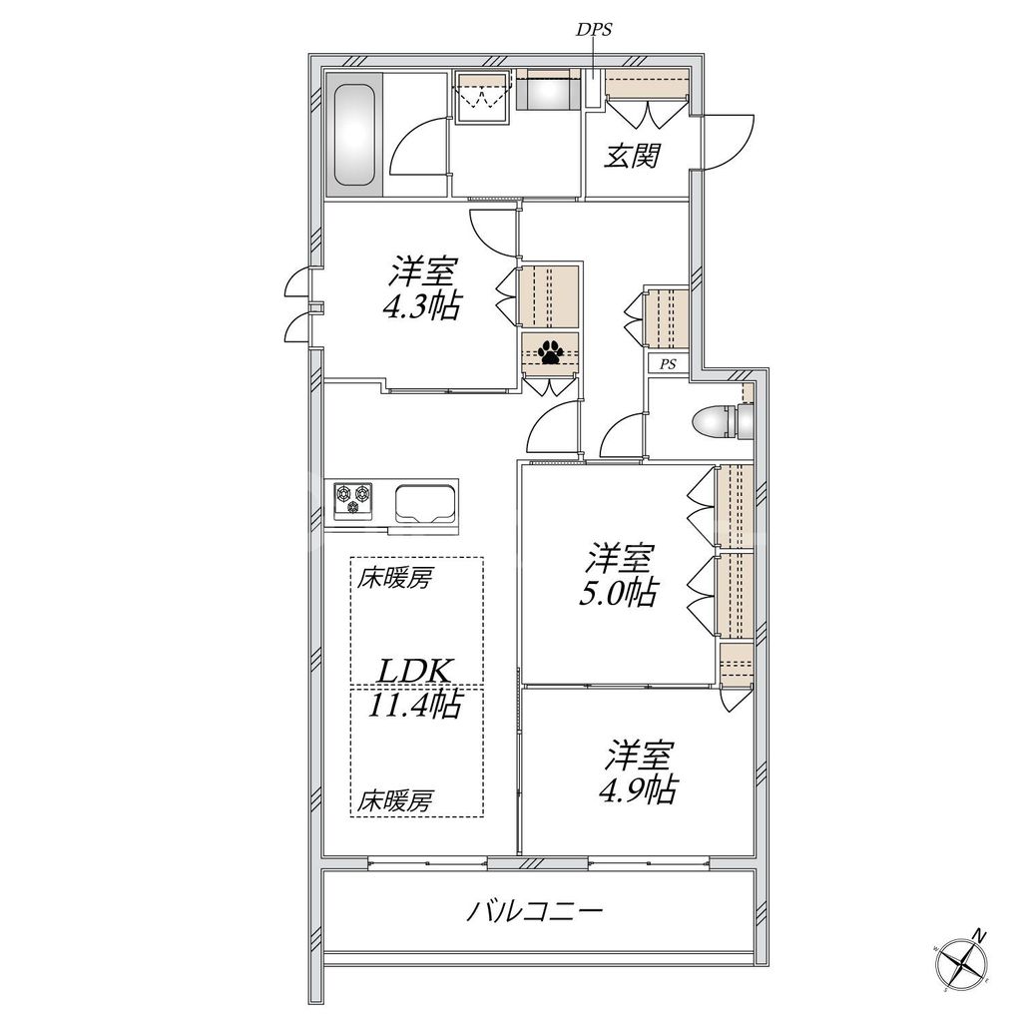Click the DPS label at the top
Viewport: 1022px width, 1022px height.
593,30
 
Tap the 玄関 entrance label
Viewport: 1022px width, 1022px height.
635,156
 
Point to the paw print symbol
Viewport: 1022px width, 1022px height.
550,351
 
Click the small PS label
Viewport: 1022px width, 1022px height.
667,364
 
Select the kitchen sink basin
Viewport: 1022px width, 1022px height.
426,502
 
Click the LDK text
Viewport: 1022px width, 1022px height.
416,669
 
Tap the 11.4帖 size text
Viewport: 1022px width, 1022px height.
415,706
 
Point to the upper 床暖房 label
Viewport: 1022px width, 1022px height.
396,578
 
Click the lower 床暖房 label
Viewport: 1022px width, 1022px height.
396,799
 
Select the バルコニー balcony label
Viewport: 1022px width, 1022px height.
536,911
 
